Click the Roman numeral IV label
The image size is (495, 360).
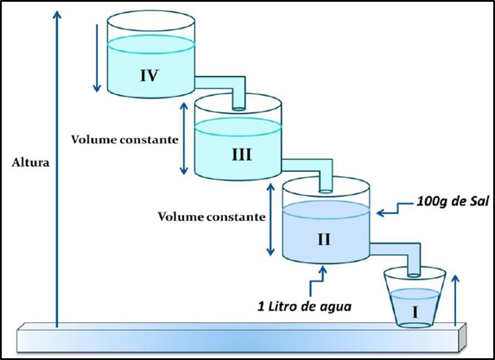tap(149, 75)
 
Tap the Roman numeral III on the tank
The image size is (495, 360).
tap(242, 155)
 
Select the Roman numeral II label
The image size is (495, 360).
tap(324, 239)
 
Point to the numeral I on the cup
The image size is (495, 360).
tap(416, 313)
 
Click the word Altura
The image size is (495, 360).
tap(30, 163)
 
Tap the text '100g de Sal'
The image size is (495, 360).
tap(453, 201)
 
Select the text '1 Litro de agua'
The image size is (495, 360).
tap(304, 306)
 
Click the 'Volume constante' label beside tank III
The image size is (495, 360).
tap(125, 140)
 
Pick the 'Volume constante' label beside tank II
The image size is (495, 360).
tap(212, 217)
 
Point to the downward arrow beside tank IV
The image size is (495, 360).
tap(97, 58)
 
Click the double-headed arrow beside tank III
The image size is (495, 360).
tap(184, 138)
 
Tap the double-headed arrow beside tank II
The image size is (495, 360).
tap(270, 219)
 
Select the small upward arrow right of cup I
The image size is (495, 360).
tap(455, 300)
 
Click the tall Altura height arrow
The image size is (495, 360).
tap(57, 169)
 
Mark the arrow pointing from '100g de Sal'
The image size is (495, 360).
tap(396, 208)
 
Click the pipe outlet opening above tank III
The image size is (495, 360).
tap(239, 109)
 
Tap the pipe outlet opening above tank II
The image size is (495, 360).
tap(326, 191)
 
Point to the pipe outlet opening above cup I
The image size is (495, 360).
tap(414, 275)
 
